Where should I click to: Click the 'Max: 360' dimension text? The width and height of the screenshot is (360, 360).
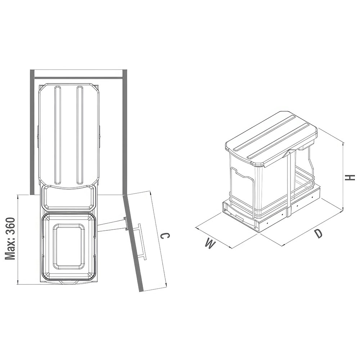pos(10,239)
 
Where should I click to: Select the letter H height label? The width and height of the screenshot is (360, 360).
pos(350,177)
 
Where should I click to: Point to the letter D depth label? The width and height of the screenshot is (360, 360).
pos(318,234)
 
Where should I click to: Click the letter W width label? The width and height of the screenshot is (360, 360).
pos(211,243)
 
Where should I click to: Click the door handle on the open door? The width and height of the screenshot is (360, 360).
pos(141,242)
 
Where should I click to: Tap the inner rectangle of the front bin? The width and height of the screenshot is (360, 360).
pos(69,246)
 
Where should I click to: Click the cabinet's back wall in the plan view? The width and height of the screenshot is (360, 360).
pos(78,73)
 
